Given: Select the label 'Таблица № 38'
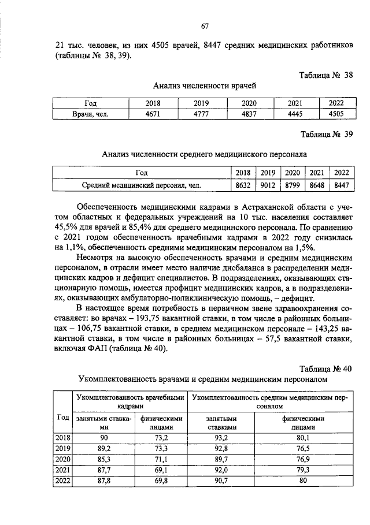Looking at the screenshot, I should pyautogui.click(x=325, y=75).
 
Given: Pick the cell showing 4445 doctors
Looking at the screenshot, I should pyautogui.click(x=295, y=114).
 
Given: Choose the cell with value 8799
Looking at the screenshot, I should pyautogui.click(x=292, y=185).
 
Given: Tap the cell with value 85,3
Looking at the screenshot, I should pyautogui.click(x=101, y=459).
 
